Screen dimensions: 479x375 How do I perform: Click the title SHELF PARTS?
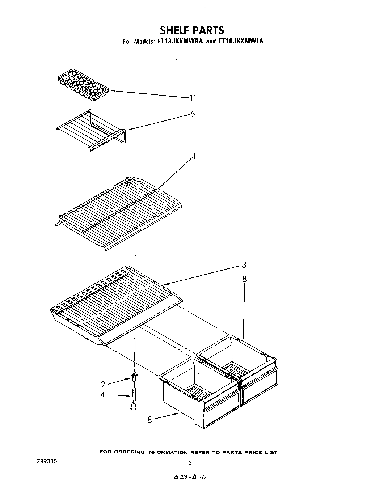pyautogui.click(x=192, y=30)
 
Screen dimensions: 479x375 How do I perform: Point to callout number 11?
pyautogui.click(x=193, y=98)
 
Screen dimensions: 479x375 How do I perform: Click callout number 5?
pyautogui.click(x=193, y=114)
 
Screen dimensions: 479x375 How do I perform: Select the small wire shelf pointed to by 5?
pyautogui.click(x=90, y=130)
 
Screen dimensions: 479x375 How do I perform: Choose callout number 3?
pyautogui.click(x=244, y=265)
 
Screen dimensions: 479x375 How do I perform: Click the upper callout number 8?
pyautogui.click(x=244, y=279)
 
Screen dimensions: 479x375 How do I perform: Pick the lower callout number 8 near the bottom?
pyautogui.click(x=149, y=420)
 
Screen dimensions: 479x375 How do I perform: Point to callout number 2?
pyautogui.click(x=103, y=384)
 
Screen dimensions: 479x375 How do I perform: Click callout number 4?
pyautogui.click(x=103, y=395)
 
